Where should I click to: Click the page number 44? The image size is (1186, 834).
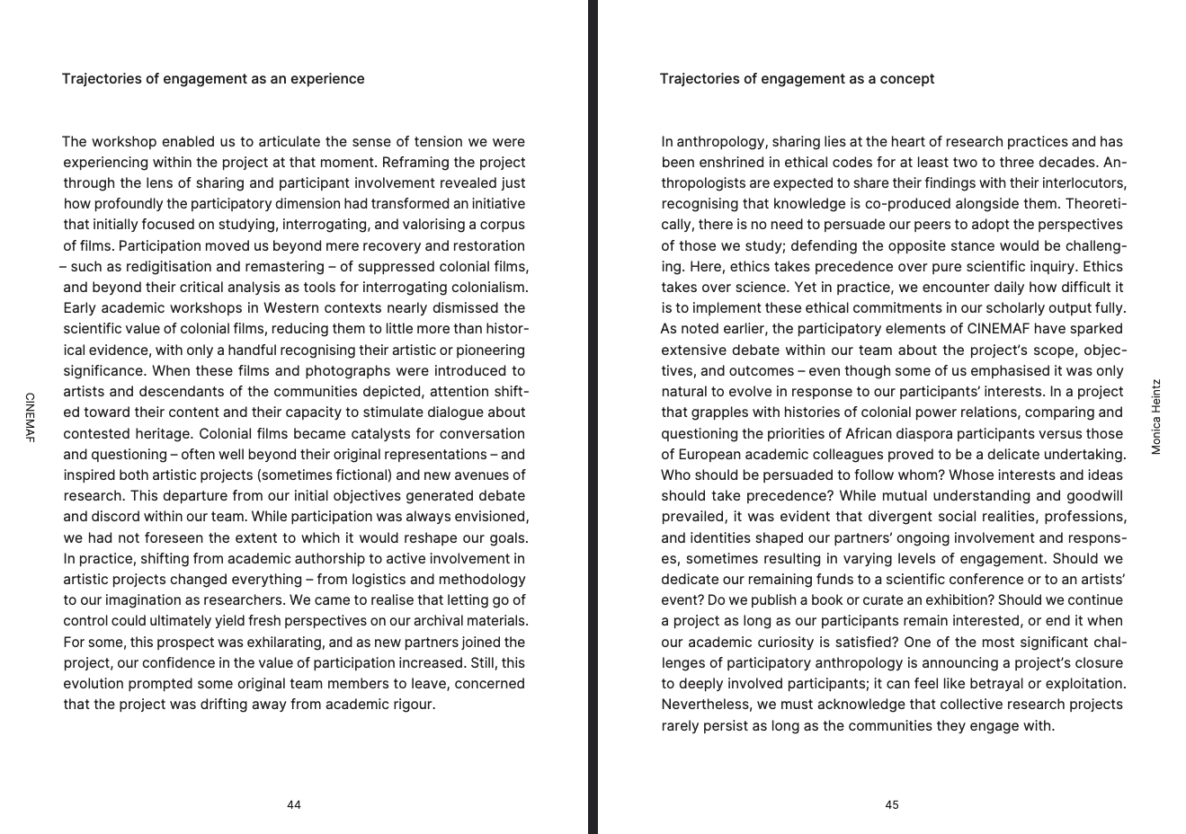(294, 804)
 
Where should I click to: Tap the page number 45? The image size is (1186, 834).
(891, 804)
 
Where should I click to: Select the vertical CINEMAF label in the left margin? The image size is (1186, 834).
(30, 417)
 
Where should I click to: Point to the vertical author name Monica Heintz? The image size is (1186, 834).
(1156, 416)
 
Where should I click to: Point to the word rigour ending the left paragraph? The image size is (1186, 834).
(413, 705)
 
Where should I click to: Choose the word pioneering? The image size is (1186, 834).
(489, 350)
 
